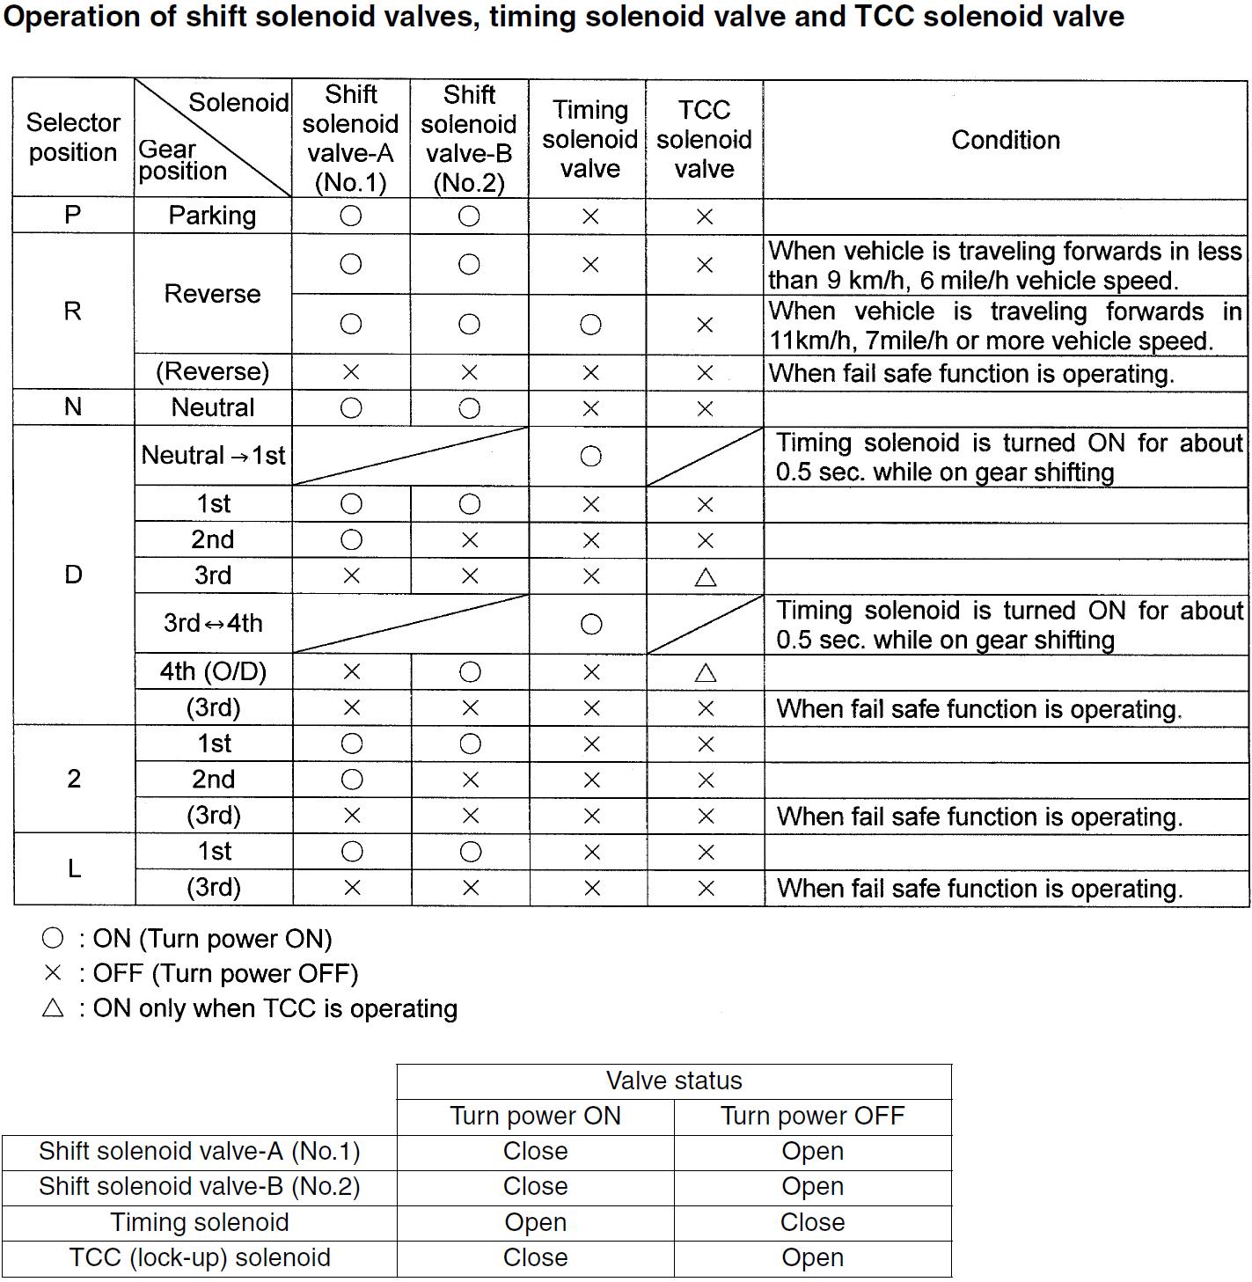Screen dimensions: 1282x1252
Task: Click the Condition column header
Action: (x=1005, y=140)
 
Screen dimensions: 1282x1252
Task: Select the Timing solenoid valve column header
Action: (x=589, y=139)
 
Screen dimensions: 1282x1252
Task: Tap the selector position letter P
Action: (x=73, y=215)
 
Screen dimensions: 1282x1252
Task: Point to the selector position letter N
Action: (x=73, y=407)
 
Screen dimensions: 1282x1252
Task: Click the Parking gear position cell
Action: (x=212, y=216)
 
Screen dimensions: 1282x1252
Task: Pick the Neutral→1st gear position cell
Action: (x=213, y=456)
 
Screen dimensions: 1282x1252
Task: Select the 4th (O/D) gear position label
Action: (x=213, y=672)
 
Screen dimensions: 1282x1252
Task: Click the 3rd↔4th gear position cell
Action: (x=213, y=624)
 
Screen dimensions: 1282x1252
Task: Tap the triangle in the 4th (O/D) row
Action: (x=705, y=673)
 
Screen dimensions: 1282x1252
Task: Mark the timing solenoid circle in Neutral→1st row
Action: (x=591, y=456)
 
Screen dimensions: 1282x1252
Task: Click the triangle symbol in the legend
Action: (x=53, y=1008)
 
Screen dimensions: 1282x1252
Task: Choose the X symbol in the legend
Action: (x=53, y=973)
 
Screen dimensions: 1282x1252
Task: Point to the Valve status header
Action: (x=674, y=1081)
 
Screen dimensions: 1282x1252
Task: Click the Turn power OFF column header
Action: (x=812, y=1117)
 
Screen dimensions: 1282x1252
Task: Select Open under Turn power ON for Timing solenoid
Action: (x=535, y=1223)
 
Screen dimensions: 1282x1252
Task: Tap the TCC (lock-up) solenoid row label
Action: (x=200, y=1258)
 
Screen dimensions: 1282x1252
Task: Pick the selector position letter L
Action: (x=74, y=869)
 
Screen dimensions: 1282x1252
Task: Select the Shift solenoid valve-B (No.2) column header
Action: (x=469, y=138)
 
